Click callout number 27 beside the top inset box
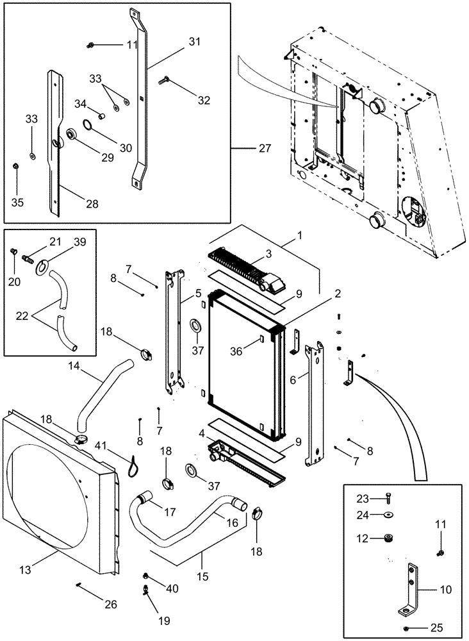coord(265,148)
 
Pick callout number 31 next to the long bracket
coord(195,42)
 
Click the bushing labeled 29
coord(71,136)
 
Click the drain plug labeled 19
coord(146,587)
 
